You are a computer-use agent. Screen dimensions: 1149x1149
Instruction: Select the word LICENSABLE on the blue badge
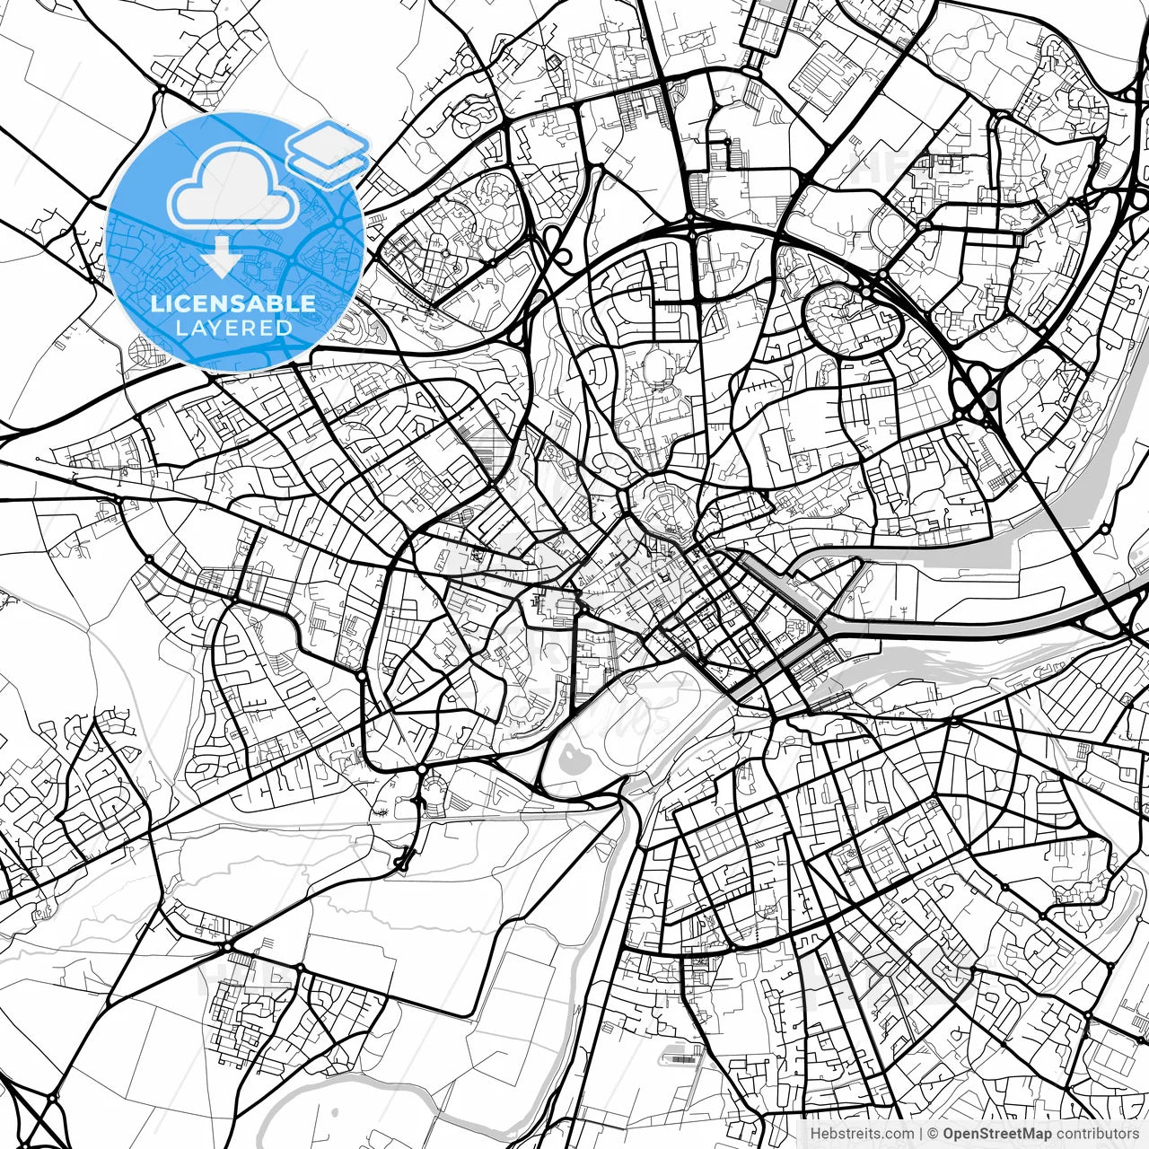(233, 303)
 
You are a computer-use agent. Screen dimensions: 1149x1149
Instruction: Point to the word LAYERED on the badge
(233, 328)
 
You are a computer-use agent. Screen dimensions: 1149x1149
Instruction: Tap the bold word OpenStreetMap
(996, 1134)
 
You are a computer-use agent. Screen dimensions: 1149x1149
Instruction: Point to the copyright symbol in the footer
(933, 1134)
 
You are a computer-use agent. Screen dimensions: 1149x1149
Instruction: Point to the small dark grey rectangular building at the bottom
(683, 1059)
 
